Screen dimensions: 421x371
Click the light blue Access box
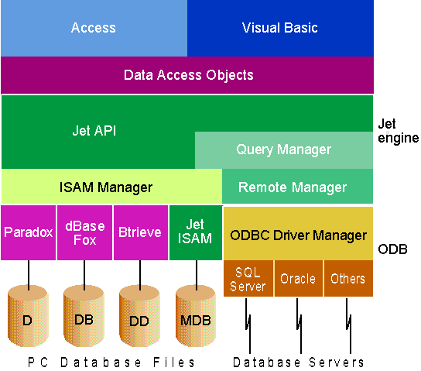click(94, 28)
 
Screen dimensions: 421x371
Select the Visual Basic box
click(280, 28)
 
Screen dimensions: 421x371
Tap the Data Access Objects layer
click(187, 75)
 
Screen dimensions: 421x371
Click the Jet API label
click(94, 131)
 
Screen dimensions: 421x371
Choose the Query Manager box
click(284, 150)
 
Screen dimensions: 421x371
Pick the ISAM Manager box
click(111, 186)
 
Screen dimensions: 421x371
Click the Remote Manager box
click(297, 186)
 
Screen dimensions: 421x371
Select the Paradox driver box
click(28, 232)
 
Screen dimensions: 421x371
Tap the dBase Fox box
click(84, 232)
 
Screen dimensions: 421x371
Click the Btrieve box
click(141, 232)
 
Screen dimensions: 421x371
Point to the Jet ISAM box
click(196, 232)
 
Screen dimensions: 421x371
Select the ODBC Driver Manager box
click(298, 233)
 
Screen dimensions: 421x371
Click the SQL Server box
click(248, 278)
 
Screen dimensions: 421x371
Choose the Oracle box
click(298, 278)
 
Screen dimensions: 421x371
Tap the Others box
click(348, 278)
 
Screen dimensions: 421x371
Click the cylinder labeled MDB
click(196, 316)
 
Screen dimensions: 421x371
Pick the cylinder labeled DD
click(139, 316)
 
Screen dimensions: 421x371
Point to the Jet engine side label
click(398, 131)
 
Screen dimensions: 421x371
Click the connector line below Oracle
click(299, 325)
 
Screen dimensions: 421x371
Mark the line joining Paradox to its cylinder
click(29, 275)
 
